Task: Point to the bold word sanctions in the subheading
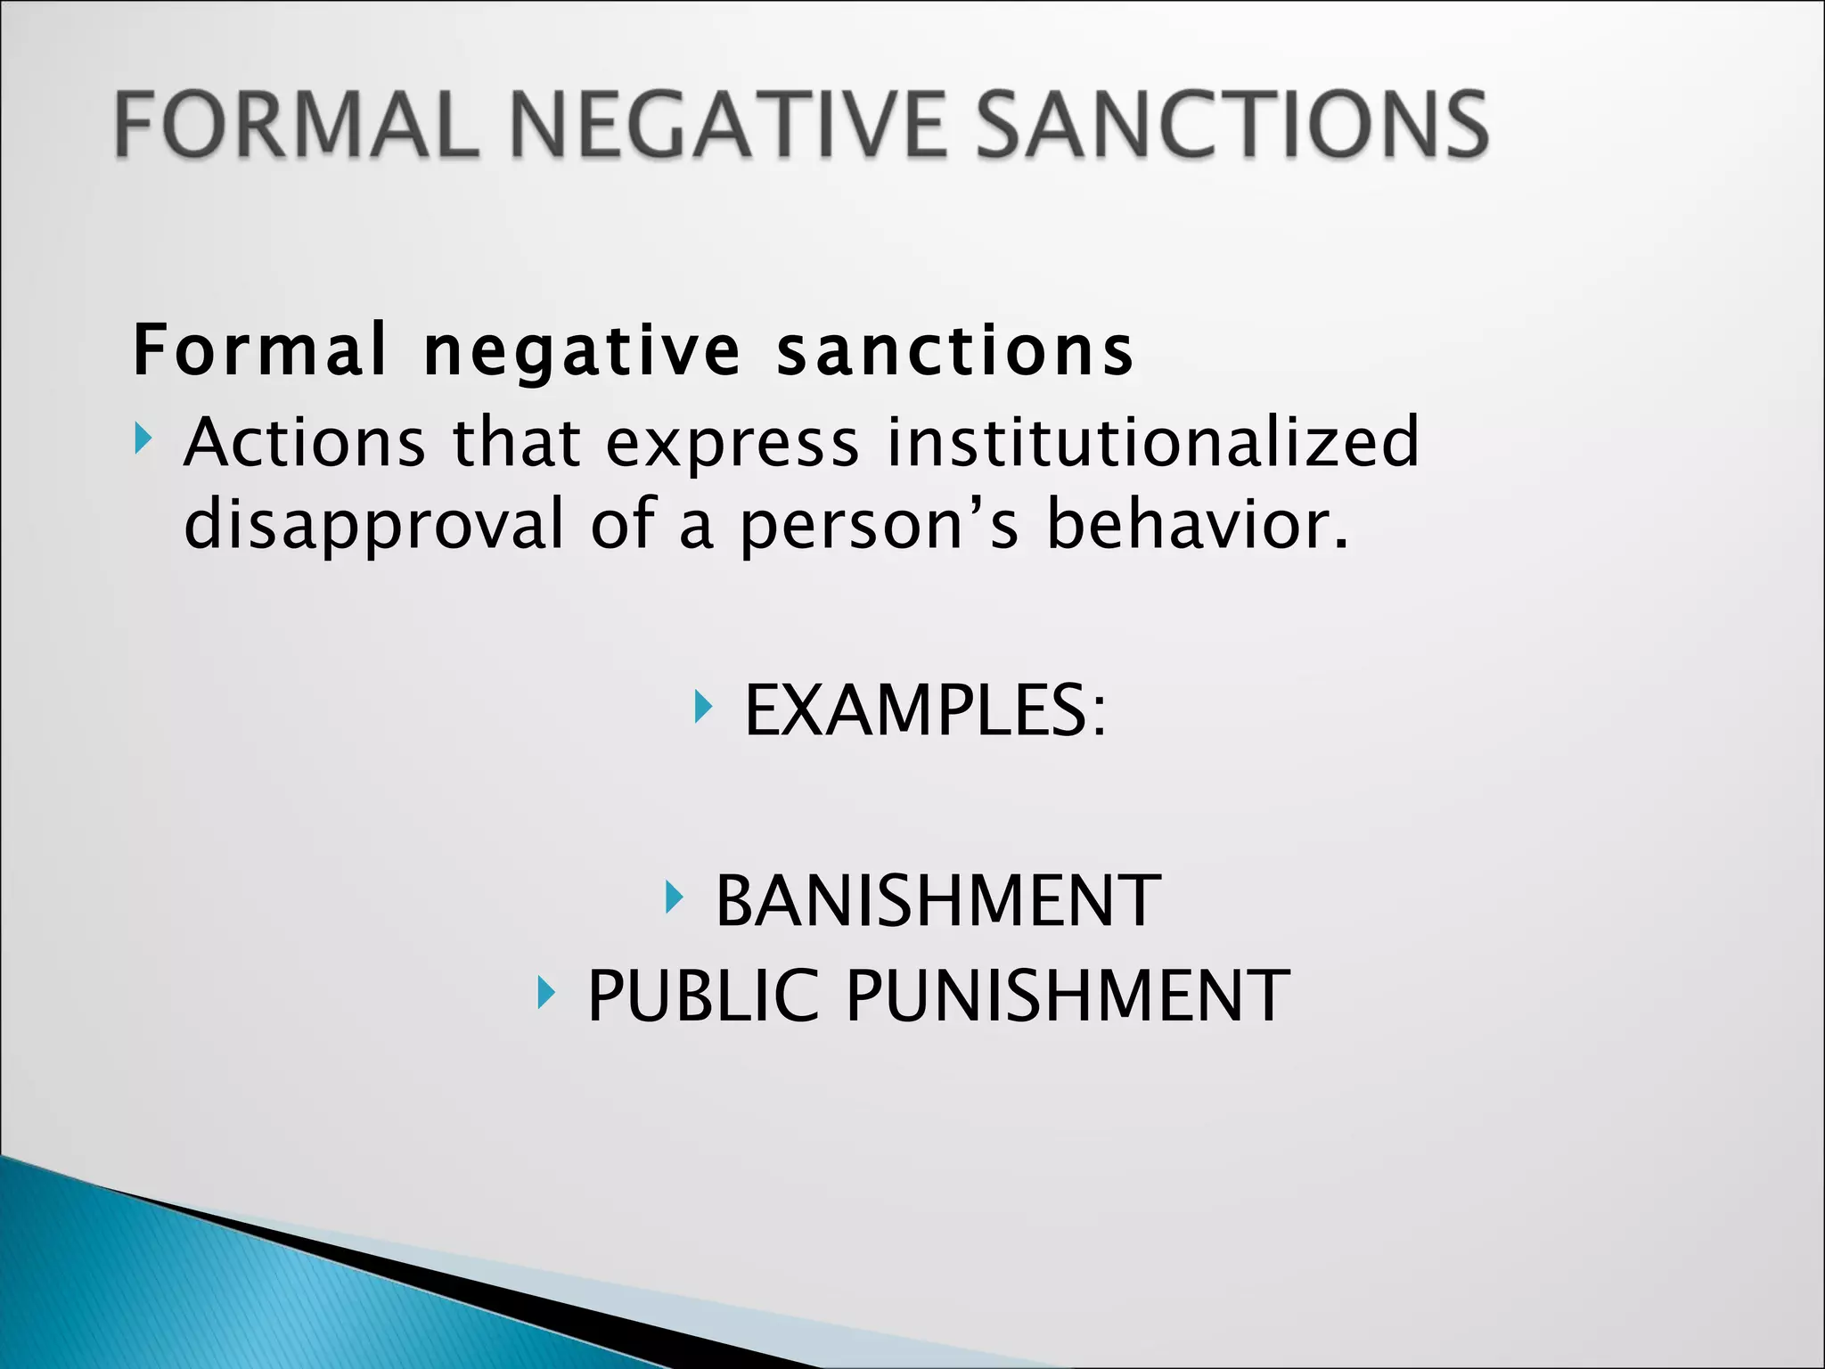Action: tap(955, 350)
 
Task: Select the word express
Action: tap(732, 443)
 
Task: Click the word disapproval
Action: tap(373, 524)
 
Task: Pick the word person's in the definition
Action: tap(879, 526)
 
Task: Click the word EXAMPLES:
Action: tap(925, 710)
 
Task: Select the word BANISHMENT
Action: tap(937, 901)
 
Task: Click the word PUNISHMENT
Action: tap(1067, 996)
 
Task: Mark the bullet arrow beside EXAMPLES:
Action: tap(703, 708)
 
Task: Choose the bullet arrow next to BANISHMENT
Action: tap(675, 898)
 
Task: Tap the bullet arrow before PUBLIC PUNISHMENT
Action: tap(546, 992)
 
